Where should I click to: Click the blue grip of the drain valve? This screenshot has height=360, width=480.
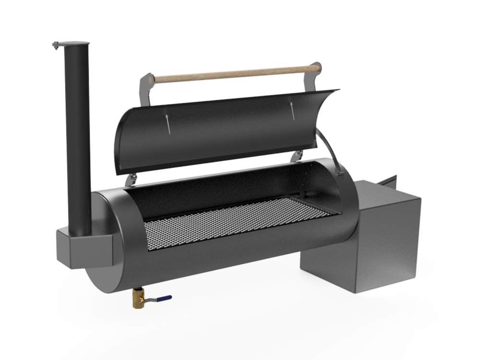click(165, 298)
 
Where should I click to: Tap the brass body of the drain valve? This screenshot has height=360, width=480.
click(138, 300)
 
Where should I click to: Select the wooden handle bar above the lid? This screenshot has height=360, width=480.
click(235, 74)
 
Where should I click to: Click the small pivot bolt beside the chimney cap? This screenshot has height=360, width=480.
click(55, 46)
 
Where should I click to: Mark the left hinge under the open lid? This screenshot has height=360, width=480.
click(130, 179)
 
